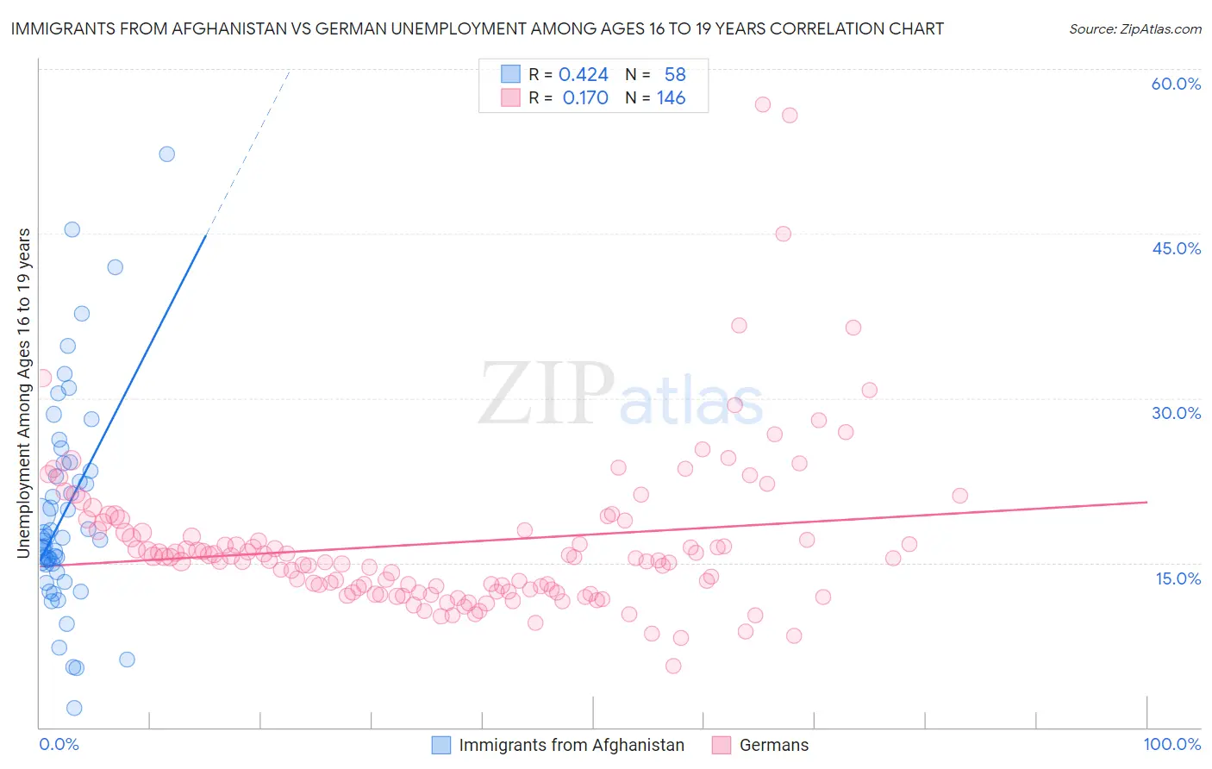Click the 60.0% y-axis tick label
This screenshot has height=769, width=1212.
click(1176, 84)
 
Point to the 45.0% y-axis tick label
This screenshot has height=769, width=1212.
click(1176, 248)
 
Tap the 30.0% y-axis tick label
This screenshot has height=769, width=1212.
click(1176, 413)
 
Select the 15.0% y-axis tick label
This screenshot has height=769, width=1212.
click(1178, 578)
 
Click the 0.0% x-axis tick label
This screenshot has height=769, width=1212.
click(59, 744)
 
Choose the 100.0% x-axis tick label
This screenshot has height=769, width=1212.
click(1171, 744)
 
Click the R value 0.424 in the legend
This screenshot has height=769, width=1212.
click(584, 74)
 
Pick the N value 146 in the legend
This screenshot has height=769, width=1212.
click(671, 98)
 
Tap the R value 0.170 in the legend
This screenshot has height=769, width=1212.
click(585, 98)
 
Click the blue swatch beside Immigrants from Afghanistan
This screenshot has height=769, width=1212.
click(441, 745)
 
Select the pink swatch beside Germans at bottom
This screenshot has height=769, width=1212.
click(722, 745)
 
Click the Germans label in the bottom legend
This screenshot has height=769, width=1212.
click(774, 745)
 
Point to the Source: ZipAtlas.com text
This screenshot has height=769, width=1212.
click(1134, 28)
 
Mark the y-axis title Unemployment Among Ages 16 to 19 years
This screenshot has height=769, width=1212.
click(24, 392)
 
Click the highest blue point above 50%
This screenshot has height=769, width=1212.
click(167, 154)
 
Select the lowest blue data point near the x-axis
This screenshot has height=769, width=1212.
click(74, 708)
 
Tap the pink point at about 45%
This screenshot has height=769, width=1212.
click(783, 234)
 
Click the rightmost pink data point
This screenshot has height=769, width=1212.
click(959, 496)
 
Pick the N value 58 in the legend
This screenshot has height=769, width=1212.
click(675, 74)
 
